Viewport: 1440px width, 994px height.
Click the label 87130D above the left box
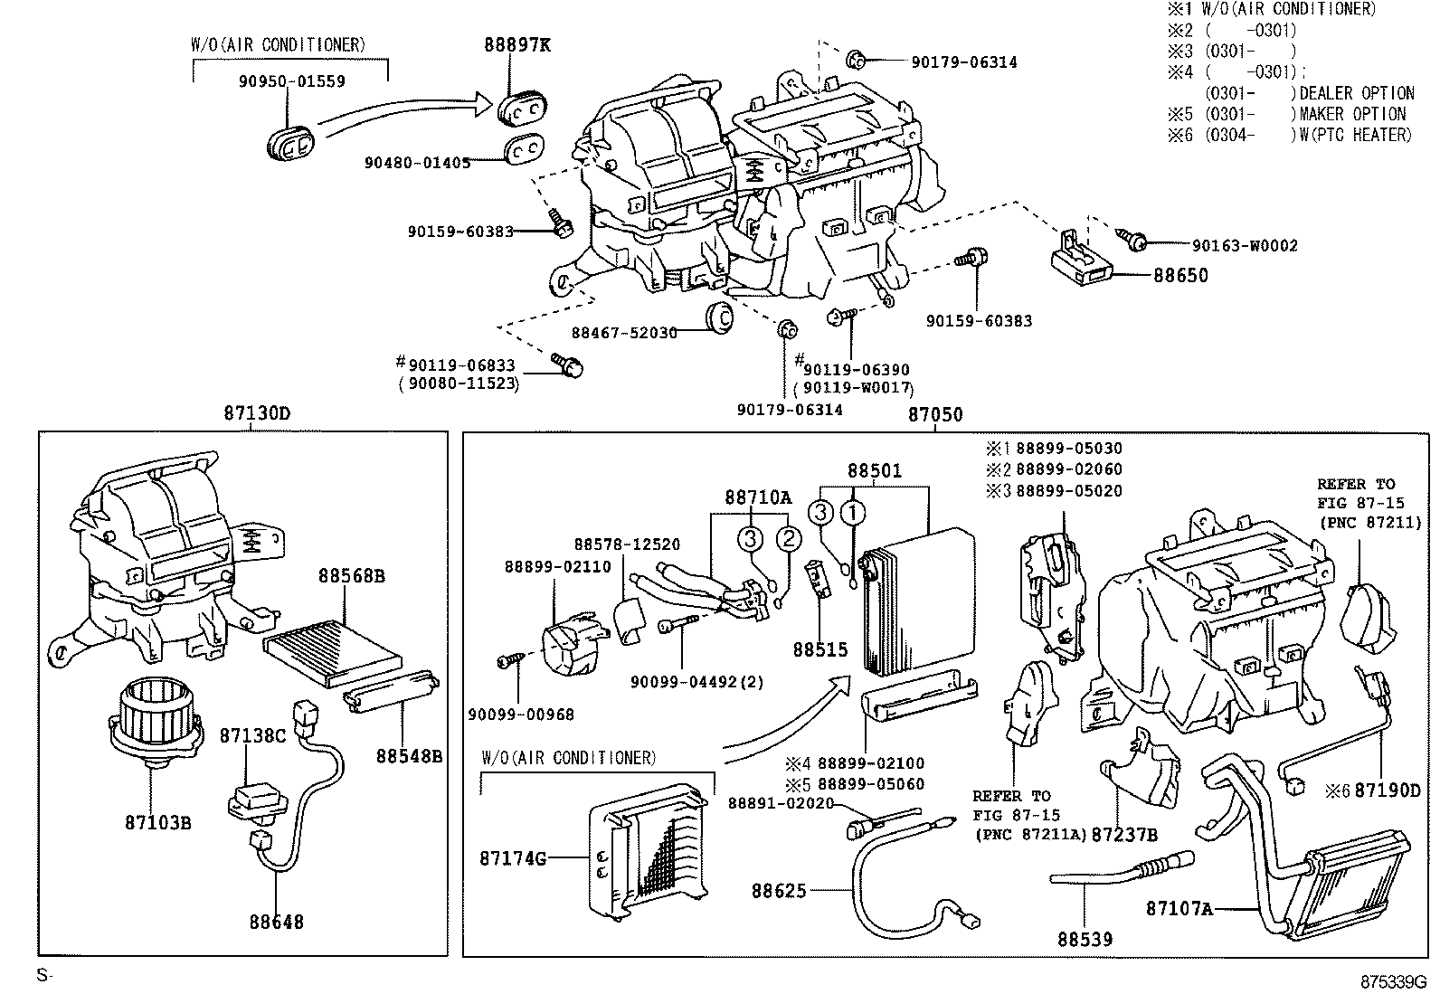[258, 414]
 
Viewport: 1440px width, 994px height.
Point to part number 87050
[935, 415]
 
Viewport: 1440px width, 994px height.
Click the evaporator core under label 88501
[915, 601]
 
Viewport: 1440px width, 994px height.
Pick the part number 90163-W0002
[1245, 246]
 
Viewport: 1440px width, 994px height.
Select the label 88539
[1085, 940]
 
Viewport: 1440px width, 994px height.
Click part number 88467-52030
[623, 333]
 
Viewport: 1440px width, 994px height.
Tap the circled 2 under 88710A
[789, 539]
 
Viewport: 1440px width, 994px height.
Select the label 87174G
[513, 858]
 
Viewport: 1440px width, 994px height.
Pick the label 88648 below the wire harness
[277, 923]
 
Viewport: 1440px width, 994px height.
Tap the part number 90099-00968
[521, 715]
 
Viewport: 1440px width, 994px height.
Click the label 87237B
[1124, 835]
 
